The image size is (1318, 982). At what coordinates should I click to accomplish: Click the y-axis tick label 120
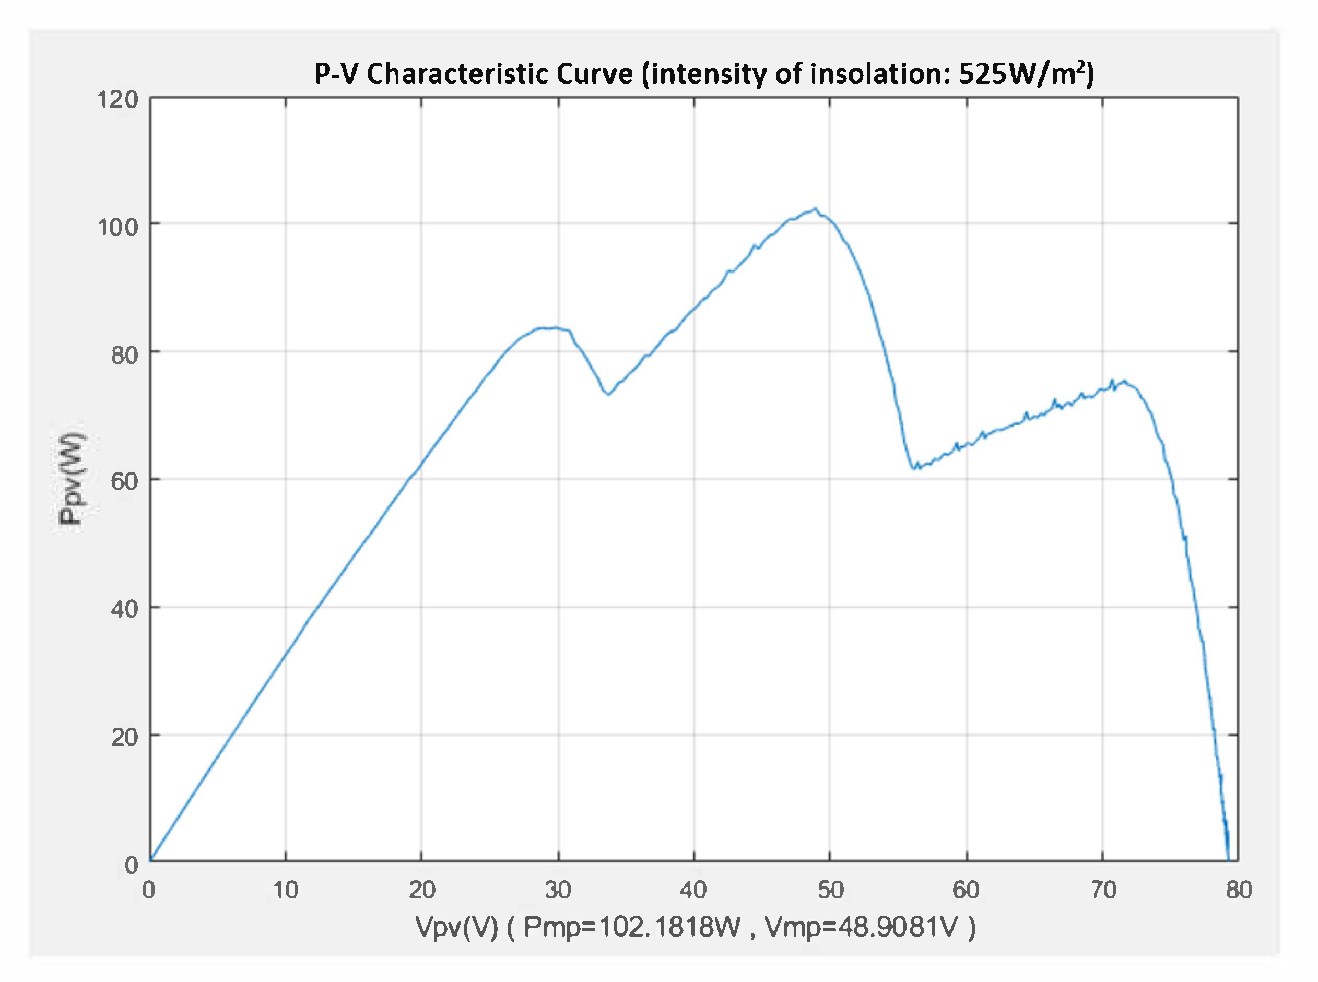117,99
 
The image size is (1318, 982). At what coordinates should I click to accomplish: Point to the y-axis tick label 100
117,227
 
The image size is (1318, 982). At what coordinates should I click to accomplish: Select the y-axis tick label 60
124,481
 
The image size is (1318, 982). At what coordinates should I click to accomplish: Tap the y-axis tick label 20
124,737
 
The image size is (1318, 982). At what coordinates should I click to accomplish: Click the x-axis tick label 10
285,890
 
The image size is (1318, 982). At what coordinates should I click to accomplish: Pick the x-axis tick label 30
558,890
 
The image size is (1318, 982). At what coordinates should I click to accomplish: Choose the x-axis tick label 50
830,890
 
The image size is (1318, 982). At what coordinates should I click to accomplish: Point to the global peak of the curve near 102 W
816,209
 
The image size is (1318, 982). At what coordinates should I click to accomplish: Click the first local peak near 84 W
553,327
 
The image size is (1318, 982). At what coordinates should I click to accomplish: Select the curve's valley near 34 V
608,394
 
